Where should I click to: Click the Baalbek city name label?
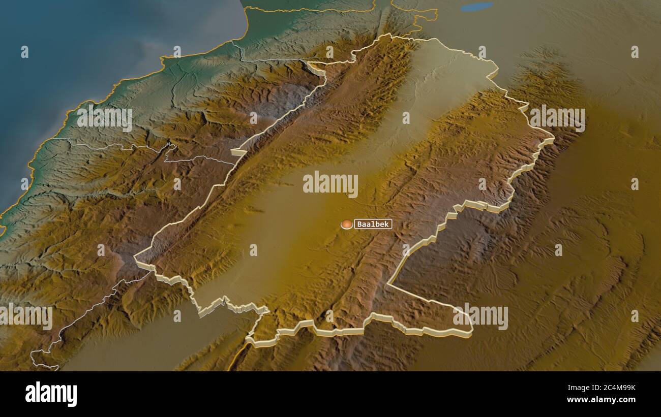(x=373, y=224)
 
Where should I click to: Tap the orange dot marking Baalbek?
(x=347, y=224)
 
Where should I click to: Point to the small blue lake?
(x=476, y=7)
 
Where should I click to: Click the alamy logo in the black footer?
(x=51, y=394)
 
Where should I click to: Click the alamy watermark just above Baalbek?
(x=330, y=184)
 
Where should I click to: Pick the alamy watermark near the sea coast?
(x=105, y=117)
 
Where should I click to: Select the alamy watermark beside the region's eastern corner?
(x=557, y=117)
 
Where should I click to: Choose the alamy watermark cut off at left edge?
(x=26, y=316)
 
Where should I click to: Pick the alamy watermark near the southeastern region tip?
(x=480, y=316)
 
